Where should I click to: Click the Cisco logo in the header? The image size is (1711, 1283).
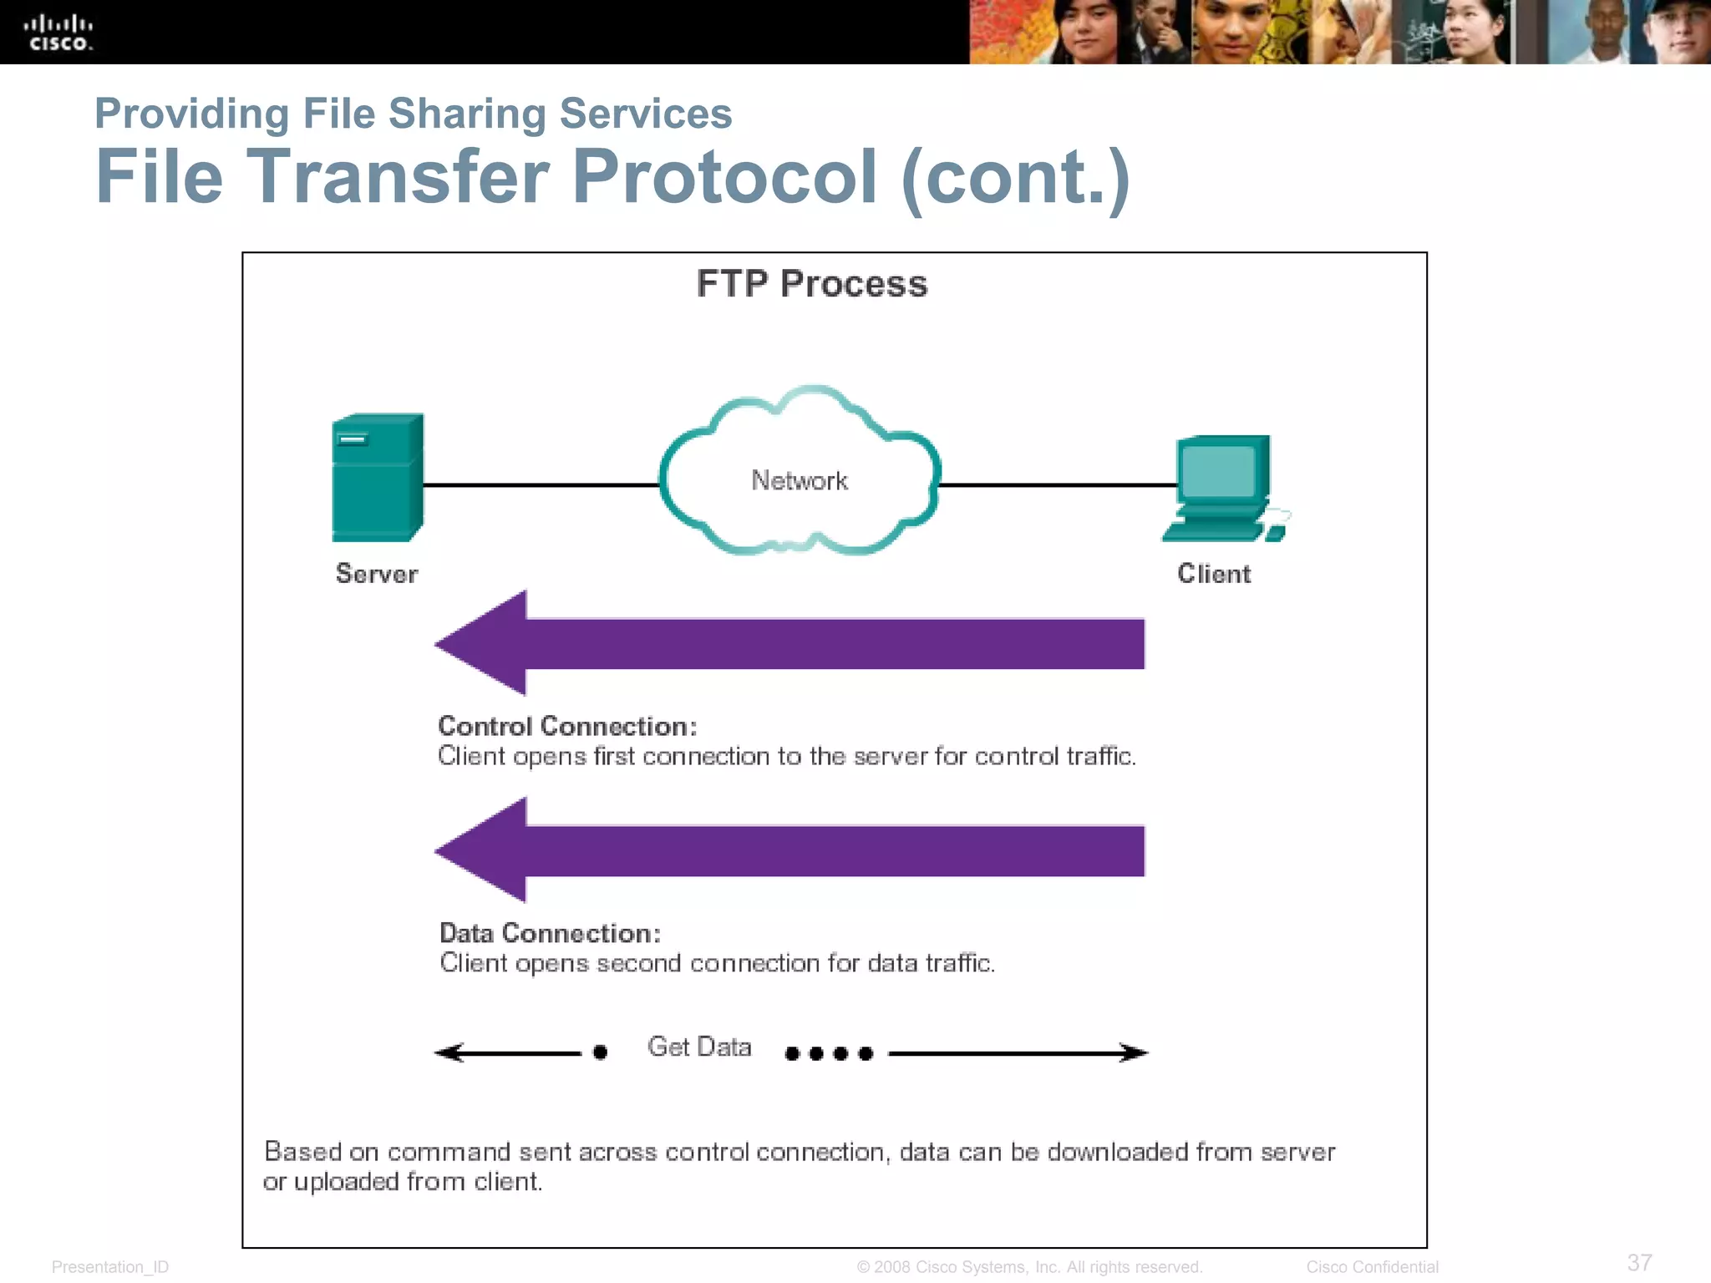click(x=58, y=33)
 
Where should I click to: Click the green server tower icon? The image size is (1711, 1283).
click(x=377, y=478)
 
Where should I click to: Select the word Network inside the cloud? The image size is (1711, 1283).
click(x=800, y=480)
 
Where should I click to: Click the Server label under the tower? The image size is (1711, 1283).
click(x=376, y=574)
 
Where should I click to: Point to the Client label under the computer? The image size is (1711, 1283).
click(x=1214, y=574)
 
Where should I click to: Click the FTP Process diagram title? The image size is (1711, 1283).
click(x=812, y=284)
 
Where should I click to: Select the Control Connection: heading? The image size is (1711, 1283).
click(x=567, y=726)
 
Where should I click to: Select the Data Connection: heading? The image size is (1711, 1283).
click(x=550, y=933)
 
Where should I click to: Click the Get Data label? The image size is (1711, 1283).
click(x=699, y=1047)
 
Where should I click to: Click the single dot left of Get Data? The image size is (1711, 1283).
click(x=600, y=1052)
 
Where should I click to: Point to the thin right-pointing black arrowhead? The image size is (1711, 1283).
click(x=1136, y=1052)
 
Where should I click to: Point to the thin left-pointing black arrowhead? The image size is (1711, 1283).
click(x=448, y=1052)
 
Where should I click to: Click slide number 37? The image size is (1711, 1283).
click(x=1639, y=1262)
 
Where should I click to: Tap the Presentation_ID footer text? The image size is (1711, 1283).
click(x=110, y=1267)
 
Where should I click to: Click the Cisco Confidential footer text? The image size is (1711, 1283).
click(x=1372, y=1267)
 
